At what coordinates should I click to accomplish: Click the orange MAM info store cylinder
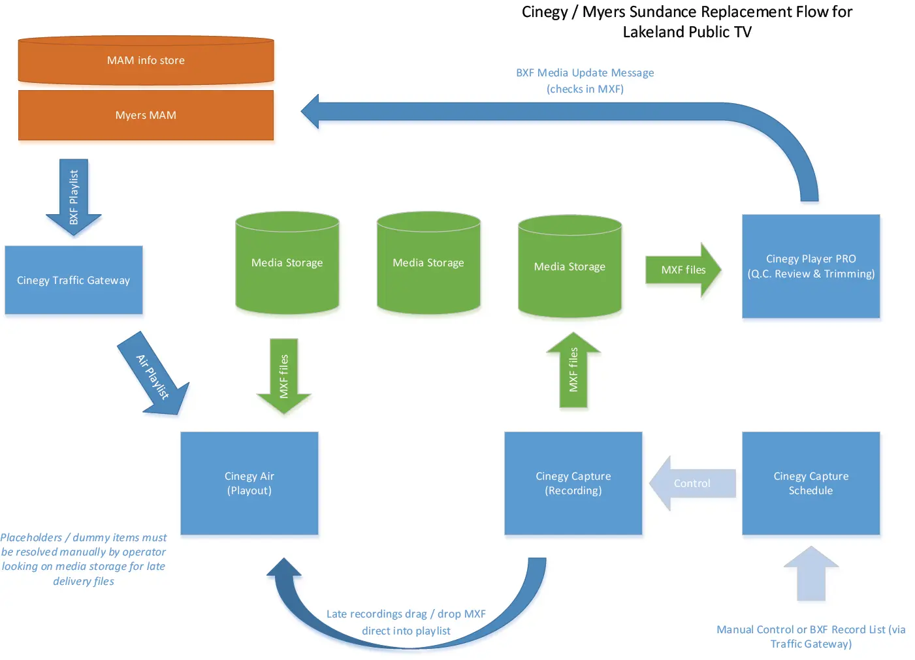pos(146,60)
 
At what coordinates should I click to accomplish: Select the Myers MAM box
pos(146,115)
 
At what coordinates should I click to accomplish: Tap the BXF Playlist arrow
pos(74,196)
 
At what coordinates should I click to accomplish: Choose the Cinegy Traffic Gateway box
pos(73,280)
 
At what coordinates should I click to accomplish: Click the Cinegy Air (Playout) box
pos(249,483)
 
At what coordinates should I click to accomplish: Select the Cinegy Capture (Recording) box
pos(573,483)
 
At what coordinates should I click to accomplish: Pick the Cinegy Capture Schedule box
pos(811,483)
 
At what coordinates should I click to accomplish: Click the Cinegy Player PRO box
pos(811,266)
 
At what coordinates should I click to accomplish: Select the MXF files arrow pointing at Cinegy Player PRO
pos(682,270)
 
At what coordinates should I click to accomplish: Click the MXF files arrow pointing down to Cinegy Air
pos(284,376)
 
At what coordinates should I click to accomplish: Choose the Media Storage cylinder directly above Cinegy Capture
pos(570,266)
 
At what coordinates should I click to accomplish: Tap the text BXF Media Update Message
pos(585,72)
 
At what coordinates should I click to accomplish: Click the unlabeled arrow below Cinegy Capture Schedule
pos(811,574)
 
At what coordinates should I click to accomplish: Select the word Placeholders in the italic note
pos(31,537)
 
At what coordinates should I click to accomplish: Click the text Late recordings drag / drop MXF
pos(406,614)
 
